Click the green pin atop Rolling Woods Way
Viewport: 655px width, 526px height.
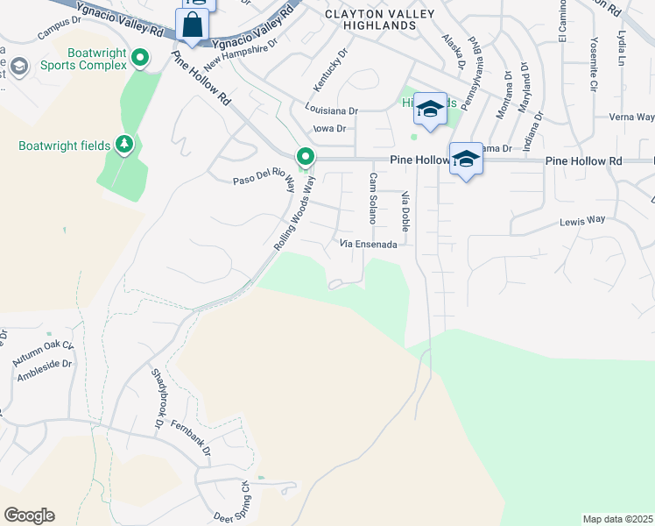coord(306,158)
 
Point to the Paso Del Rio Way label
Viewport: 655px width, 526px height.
coord(260,180)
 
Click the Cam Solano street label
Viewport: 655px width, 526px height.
coord(373,197)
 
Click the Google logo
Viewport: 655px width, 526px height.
coord(29,515)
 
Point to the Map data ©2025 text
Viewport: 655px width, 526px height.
coord(617,519)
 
